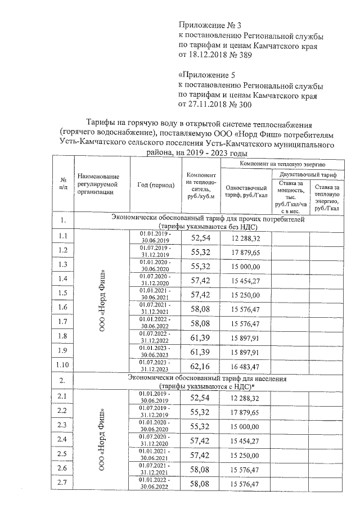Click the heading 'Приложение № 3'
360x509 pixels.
(x=209, y=26)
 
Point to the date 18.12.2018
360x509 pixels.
(x=208, y=55)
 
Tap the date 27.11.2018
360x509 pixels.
(x=208, y=104)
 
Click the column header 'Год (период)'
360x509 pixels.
(x=155, y=185)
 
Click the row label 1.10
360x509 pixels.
(x=63, y=366)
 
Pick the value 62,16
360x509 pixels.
(x=200, y=367)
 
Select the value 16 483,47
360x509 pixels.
(x=245, y=367)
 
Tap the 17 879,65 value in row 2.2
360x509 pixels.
(x=245, y=412)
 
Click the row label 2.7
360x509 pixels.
(x=63, y=484)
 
